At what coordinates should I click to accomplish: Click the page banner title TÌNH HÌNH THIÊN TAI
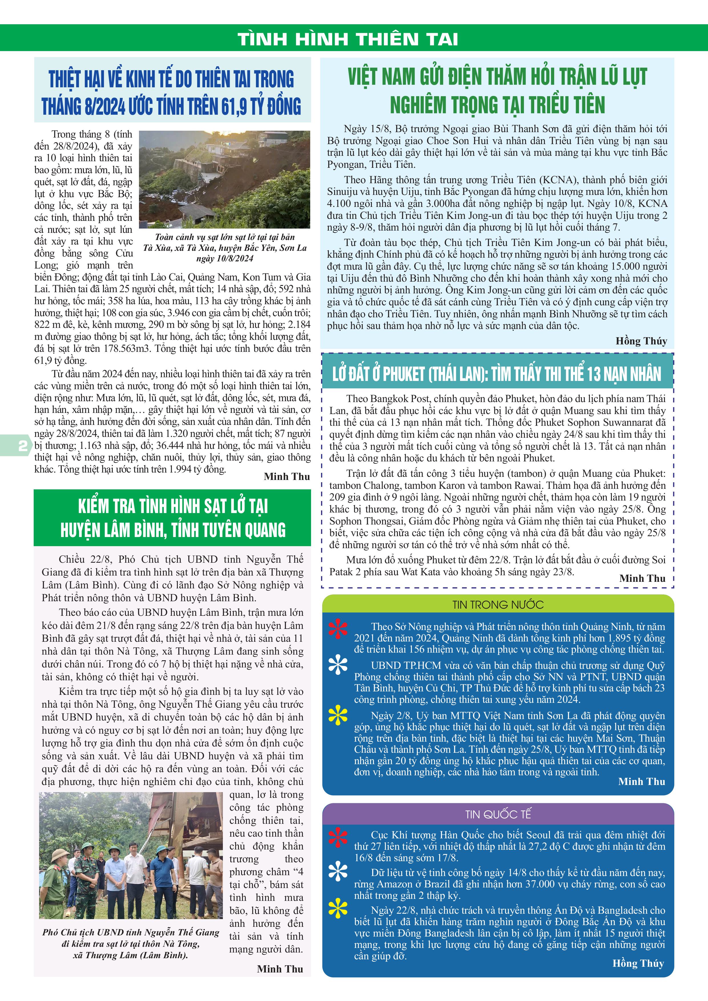[x=348, y=39]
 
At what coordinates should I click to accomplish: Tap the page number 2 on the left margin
[x=22, y=445]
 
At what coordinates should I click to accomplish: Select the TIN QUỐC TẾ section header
[x=498, y=814]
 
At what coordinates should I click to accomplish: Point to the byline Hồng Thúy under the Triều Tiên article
[x=641, y=341]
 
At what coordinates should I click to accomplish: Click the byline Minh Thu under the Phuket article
[x=642, y=578]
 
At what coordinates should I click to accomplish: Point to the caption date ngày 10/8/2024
[x=225, y=259]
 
